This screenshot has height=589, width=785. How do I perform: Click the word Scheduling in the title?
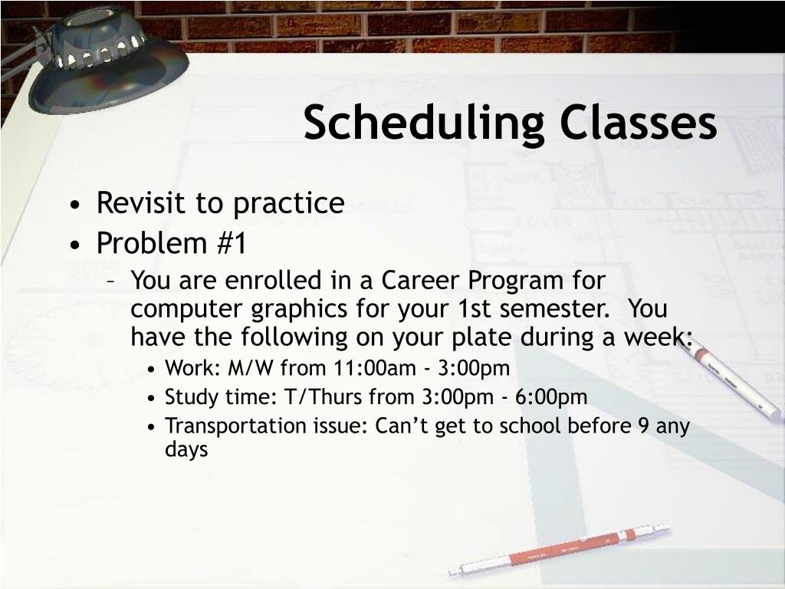[x=423, y=123]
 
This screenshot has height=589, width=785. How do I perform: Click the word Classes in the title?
[x=639, y=122]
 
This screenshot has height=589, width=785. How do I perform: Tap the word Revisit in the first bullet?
[x=142, y=202]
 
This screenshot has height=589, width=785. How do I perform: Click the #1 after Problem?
[x=232, y=243]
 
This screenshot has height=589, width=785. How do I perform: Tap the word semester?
[x=554, y=308]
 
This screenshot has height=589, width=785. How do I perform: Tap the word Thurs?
[x=335, y=397]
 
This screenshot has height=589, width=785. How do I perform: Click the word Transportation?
[x=237, y=426]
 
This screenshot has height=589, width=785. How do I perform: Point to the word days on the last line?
[x=186, y=449]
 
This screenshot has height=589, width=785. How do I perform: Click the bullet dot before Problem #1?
[x=75, y=245]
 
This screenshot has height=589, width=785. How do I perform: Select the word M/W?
[x=251, y=368]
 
